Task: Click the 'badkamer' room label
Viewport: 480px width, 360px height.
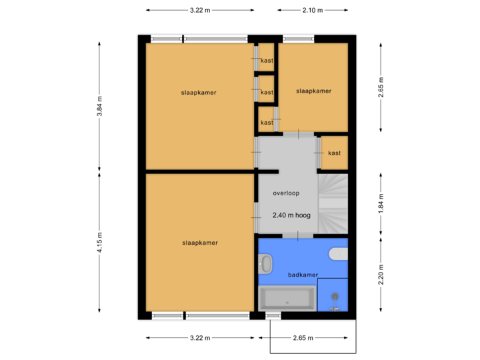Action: click(303, 275)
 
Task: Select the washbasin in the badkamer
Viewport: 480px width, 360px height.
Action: click(265, 265)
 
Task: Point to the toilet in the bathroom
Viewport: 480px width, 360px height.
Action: click(339, 253)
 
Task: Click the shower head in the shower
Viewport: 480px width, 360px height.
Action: click(335, 297)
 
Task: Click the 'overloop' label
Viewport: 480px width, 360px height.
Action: click(286, 193)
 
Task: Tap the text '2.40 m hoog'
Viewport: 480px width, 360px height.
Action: click(292, 216)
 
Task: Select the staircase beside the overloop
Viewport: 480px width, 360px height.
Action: click(333, 203)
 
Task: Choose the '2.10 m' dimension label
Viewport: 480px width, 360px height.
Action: click(313, 10)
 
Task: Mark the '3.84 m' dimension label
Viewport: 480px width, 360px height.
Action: click(99, 106)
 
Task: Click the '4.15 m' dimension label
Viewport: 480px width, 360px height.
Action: click(99, 241)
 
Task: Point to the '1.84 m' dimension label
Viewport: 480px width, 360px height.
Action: click(381, 203)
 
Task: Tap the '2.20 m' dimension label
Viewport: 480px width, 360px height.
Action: click(381, 275)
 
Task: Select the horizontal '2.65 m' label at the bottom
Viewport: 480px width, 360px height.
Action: click(303, 338)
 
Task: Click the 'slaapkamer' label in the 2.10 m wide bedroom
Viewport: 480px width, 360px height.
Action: click(313, 91)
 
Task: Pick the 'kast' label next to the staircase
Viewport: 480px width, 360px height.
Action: click(335, 153)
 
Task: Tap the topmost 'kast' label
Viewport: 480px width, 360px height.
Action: click(267, 61)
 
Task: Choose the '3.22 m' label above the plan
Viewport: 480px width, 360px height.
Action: click(200, 10)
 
